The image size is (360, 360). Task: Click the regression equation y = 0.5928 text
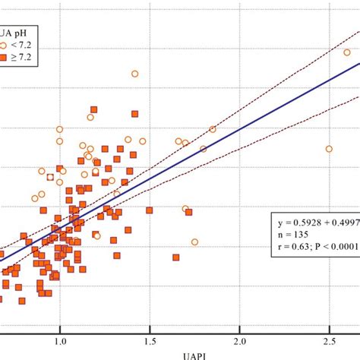[x=315, y=223]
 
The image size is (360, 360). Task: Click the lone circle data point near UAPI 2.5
[x=329, y=149]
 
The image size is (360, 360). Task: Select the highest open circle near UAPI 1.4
[x=134, y=74]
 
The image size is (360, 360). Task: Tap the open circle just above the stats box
[x=185, y=208]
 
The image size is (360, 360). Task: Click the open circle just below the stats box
[x=194, y=242]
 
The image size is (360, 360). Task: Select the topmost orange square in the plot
[x=94, y=109]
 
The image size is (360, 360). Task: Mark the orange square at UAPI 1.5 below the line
[x=149, y=210]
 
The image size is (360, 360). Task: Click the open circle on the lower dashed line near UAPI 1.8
[x=203, y=149]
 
